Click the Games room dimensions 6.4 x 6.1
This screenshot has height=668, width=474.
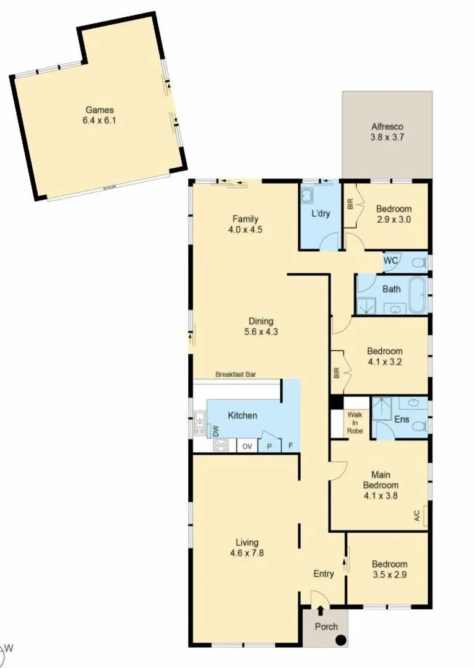pos(99,121)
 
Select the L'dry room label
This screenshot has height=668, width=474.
pos(320,213)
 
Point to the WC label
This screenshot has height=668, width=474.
pos(391,261)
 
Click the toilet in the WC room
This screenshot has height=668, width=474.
pos(420,263)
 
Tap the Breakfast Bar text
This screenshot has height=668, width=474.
pos(236,374)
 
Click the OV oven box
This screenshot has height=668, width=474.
pos(246,446)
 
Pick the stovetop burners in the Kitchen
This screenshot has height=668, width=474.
pos(221,445)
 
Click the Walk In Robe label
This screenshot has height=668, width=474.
pos(355,422)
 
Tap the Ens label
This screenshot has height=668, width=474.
pos(401,419)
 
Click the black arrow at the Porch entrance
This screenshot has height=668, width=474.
pos(319,611)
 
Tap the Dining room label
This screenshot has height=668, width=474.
pos(261,320)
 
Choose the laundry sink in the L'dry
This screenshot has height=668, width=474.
pos(308,197)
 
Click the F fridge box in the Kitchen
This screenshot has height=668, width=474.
pos(290,446)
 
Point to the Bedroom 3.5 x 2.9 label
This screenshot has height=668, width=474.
pos(389,563)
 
